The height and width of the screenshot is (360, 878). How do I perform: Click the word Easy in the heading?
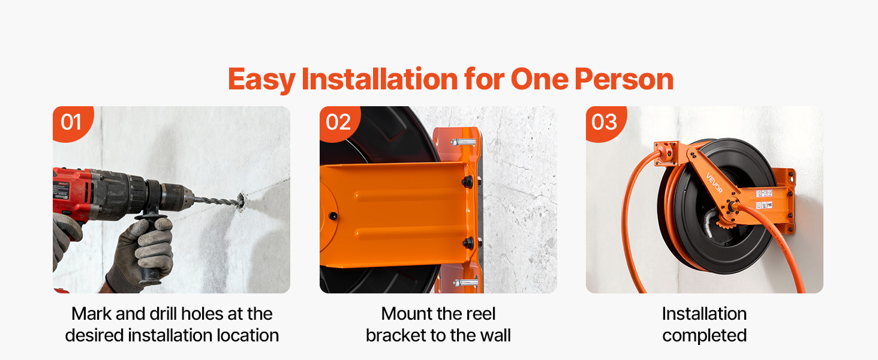click(261, 80)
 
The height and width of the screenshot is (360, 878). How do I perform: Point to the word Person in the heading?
click(624, 80)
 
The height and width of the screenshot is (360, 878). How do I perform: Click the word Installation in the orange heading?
click(380, 80)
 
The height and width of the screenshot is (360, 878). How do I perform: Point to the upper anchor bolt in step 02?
click(464, 142)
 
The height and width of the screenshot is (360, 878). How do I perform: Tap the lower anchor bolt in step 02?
click(465, 282)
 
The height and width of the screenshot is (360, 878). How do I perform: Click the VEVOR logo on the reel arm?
click(714, 183)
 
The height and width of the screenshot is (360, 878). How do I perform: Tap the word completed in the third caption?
click(704, 336)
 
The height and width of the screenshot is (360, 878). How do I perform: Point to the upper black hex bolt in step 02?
click(467, 182)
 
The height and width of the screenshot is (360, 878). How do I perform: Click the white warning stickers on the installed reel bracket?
click(764, 199)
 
